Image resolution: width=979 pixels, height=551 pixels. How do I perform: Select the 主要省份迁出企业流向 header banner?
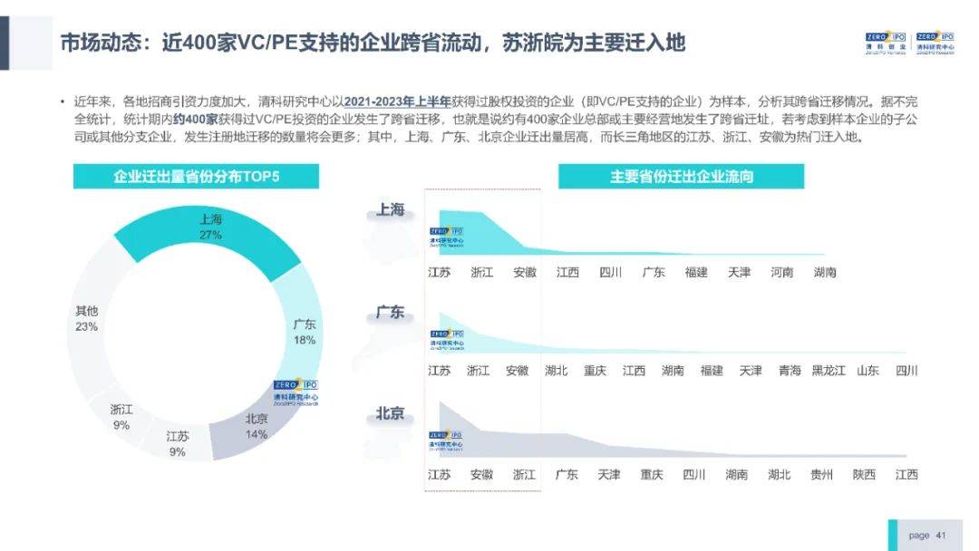click(681, 177)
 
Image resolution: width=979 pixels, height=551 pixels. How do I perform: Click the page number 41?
click(940, 536)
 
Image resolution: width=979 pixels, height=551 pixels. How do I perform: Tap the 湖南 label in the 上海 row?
click(825, 273)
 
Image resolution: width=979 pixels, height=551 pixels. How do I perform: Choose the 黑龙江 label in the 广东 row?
click(828, 371)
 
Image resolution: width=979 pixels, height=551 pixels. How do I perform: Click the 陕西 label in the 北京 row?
click(864, 475)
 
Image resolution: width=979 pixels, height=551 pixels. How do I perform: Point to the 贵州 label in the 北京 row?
click(821, 475)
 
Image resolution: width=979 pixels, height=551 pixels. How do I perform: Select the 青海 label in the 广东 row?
click(790, 371)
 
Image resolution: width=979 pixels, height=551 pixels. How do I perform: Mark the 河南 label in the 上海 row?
click(782, 273)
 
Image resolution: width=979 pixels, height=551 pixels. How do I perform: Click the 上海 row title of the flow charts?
click(391, 210)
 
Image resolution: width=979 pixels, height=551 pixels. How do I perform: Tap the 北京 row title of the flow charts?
click(391, 415)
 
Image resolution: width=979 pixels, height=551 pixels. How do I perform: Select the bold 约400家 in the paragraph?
click(195, 120)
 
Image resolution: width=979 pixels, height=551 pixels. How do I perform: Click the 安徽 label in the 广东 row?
click(517, 371)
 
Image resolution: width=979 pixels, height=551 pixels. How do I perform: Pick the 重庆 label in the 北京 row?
click(652, 475)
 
